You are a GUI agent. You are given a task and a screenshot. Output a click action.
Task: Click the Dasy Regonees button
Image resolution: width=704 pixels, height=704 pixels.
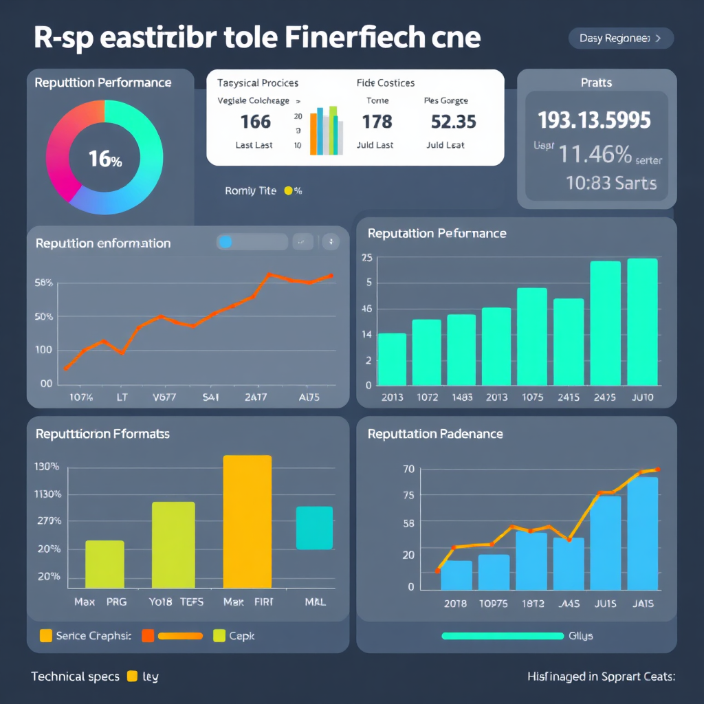[621, 38]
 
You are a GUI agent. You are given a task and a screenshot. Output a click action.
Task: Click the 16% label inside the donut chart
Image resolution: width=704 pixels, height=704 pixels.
[104, 159]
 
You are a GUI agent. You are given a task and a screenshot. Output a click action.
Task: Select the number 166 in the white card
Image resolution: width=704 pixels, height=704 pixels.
[255, 122]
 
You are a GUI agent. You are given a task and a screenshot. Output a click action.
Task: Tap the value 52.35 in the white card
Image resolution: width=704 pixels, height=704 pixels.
[453, 122]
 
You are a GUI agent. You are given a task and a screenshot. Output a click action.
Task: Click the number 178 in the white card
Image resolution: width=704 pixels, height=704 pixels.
[377, 122]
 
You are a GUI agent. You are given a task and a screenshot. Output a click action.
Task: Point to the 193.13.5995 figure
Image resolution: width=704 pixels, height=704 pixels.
[594, 120]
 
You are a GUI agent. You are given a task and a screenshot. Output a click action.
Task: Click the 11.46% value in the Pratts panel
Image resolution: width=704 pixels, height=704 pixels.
[595, 155]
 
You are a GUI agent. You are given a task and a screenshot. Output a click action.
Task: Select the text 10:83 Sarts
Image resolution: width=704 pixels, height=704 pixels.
[611, 183]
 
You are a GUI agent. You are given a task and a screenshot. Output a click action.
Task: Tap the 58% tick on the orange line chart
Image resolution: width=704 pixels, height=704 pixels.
[43, 283]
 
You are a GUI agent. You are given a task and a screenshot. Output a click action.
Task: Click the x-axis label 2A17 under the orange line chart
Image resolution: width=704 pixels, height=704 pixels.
[256, 397]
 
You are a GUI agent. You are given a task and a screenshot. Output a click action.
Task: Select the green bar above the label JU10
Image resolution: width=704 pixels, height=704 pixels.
[642, 322]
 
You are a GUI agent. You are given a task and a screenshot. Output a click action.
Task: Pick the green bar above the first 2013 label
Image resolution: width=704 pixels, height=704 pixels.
[392, 359]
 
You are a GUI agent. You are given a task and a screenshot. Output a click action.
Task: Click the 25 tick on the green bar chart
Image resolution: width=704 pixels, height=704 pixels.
[366, 258]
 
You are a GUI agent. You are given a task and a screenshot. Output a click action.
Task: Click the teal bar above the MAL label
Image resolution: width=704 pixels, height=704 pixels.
[314, 528]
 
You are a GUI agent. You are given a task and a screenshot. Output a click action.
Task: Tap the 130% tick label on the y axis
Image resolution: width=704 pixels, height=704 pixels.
[47, 467]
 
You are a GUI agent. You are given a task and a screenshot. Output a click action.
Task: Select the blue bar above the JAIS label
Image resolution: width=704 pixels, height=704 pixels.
[642, 533]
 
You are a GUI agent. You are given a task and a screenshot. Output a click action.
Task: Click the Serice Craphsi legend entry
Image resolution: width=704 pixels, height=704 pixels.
[85, 636]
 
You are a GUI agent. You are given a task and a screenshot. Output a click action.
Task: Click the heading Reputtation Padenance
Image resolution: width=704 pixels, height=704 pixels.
[435, 434]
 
